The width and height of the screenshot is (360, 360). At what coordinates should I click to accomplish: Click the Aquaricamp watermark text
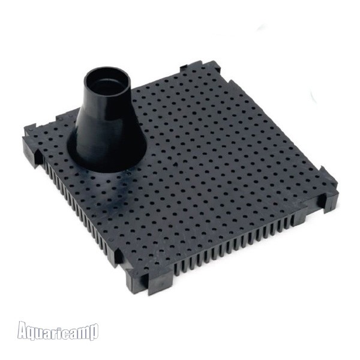[x=58, y=331]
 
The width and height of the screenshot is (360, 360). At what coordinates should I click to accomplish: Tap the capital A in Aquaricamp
[x=23, y=329]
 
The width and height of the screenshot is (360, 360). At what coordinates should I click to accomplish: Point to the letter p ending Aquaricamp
[x=94, y=332]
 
